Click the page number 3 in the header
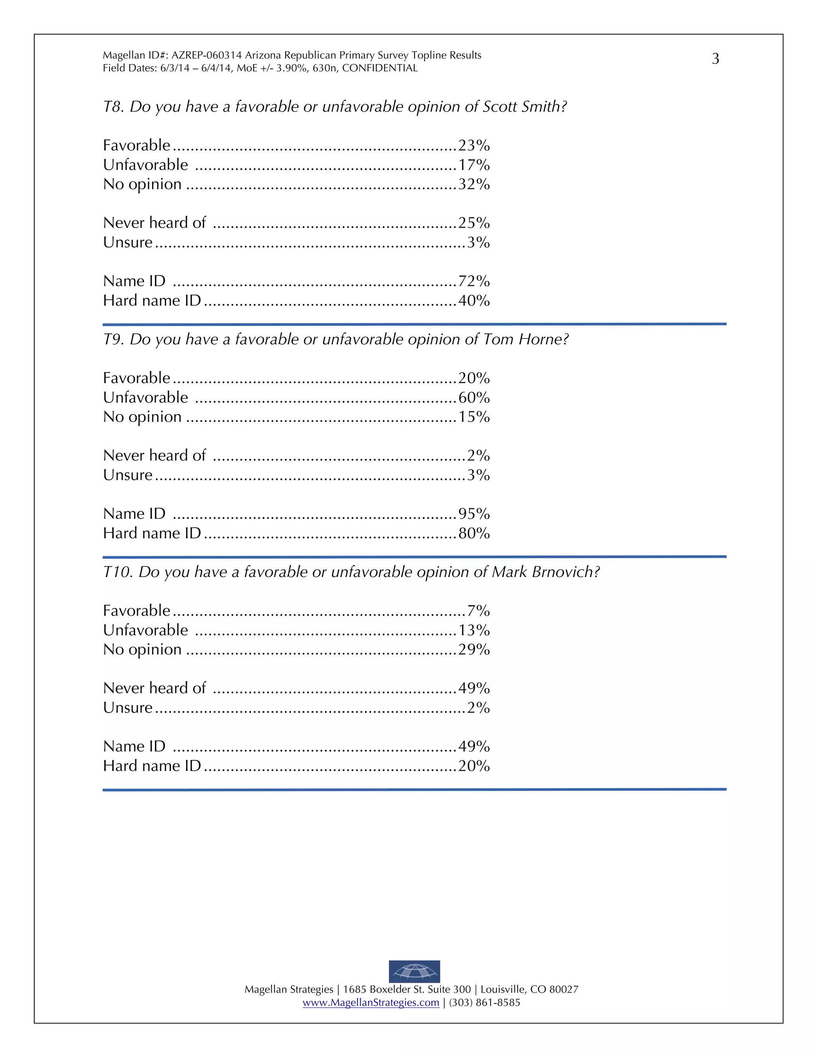[x=716, y=59]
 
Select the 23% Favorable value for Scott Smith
[x=474, y=145]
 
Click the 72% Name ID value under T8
[x=474, y=281]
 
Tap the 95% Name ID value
[x=474, y=514]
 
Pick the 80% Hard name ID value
[x=474, y=534]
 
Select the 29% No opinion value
[x=474, y=650]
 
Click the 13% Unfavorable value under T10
[x=474, y=630]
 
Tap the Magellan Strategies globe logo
[x=414, y=972]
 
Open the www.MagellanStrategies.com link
[x=371, y=1003]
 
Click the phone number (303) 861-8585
[x=484, y=1003]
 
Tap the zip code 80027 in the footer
[x=564, y=990]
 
